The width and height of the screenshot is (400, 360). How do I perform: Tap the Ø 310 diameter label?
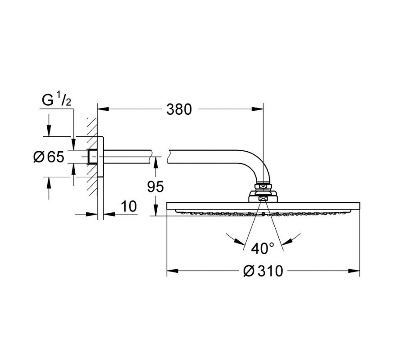pos(263,270)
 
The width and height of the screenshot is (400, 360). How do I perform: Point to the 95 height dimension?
pos(155,187)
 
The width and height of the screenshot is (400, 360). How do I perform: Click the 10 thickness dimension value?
pos(129,206)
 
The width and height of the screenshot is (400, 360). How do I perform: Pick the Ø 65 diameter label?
pos(49,157)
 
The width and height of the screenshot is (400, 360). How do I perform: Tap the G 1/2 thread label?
pos(56,100)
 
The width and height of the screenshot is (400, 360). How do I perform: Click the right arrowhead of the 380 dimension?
pos(257,109)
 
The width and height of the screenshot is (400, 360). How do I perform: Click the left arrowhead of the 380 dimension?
pos(103,109)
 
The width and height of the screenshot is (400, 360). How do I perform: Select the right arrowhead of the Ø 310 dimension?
pos(354,270)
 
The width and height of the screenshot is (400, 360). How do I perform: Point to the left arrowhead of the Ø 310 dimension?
pos(173,270)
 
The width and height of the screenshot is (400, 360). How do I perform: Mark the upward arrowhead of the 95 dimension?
pos(155,162)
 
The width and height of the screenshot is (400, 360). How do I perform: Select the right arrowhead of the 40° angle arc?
pos(288,241)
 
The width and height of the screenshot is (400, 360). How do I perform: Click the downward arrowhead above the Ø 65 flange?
pos(49,130)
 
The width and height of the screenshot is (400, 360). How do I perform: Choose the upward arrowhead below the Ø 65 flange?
pos(49,183)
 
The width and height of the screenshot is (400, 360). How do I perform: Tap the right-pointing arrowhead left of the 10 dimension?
pos(92,214)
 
